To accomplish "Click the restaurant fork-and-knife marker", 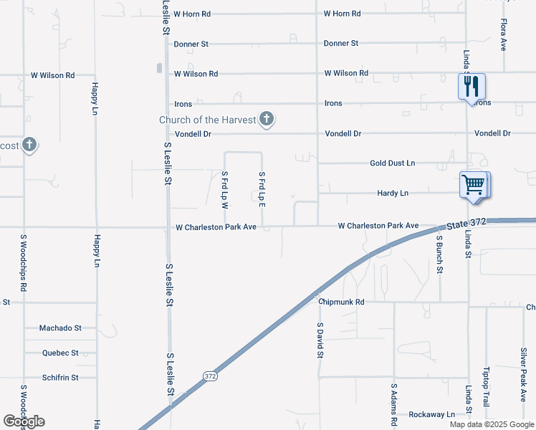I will [472, 87].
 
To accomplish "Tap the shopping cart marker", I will [473, 184].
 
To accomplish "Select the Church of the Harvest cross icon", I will [267, 119].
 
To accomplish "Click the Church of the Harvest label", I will [207, 120].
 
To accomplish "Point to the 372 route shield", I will [209, 376].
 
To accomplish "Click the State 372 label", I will [466, 224].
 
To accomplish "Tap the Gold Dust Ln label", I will [392, 163].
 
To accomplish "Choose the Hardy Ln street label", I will [393, 193].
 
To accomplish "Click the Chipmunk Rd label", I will [342, 302].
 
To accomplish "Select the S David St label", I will [320, 340].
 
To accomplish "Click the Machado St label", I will [60, 328].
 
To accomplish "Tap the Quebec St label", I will [60, 353].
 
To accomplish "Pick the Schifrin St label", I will [60, 378].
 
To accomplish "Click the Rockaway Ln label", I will [431, 415].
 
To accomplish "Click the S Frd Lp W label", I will [224, 190].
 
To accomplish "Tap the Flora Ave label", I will [503, 34].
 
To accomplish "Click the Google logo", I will [24, 421].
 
